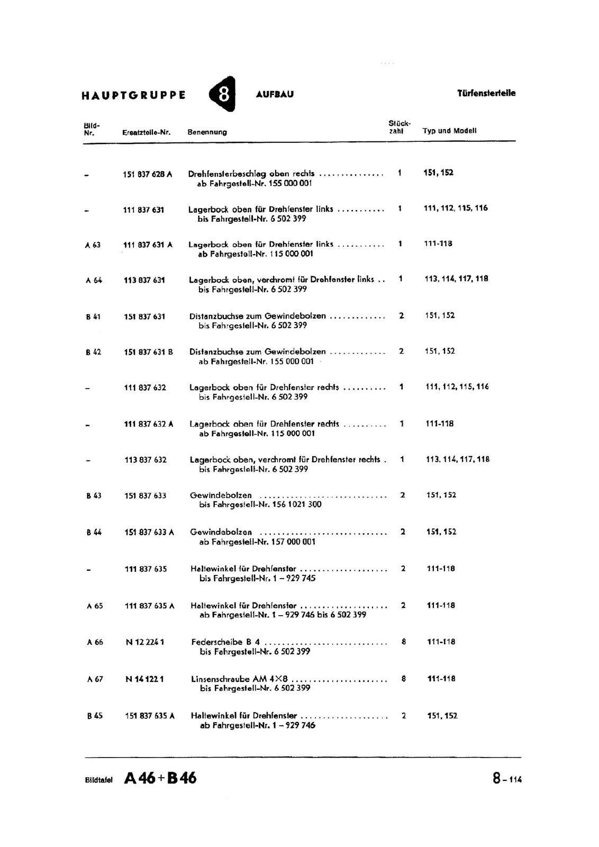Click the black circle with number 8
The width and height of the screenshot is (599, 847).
[223, 94]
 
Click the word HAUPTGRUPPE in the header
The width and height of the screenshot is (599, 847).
[134, 96]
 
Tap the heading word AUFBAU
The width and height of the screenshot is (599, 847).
[275, 95]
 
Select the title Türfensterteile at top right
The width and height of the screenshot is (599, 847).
[486, 93]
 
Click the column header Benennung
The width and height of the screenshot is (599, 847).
[207, 132]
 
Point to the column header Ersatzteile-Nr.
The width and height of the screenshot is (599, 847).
[146, 132]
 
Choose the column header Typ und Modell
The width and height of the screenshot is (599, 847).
[449, 131]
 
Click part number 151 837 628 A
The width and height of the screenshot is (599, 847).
[148, 174]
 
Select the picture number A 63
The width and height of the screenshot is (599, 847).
[93, 245]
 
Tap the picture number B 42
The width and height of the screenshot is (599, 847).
[93, 352]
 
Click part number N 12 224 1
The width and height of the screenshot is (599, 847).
[145, 642]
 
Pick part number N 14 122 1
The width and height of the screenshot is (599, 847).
[144, 679]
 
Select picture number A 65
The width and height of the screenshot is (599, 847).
[95, 606]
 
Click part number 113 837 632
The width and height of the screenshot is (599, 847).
[146, 460]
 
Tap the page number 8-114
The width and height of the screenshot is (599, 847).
[507, 779]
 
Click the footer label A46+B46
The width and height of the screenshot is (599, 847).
[160, 778]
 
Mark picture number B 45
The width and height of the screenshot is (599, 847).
[95, 716]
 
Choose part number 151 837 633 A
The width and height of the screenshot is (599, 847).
[149, 533]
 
